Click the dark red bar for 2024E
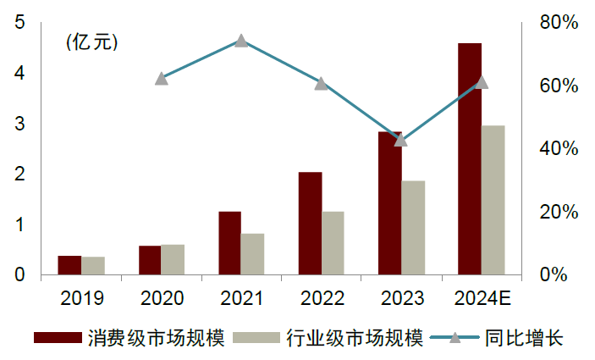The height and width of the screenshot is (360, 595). (x=470, y=158)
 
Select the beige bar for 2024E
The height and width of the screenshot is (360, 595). (x=493, y=200)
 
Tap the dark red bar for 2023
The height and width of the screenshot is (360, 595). (x=390, y=203)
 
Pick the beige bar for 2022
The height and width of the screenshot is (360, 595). (x=333, y=243)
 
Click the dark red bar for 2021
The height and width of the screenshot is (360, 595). (x=229, y=243)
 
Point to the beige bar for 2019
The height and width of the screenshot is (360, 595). (x=93, y=265)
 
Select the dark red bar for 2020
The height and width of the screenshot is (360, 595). (x=150, y=260)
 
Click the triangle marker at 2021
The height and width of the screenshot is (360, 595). (x=241, y=41)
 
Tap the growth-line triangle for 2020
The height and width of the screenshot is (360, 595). (x=162, y=79)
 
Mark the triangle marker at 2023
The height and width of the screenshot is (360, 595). (x=401, y=140)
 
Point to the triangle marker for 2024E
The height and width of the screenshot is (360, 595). (x=482, y=82)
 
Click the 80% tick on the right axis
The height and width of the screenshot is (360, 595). (x=559, y=23)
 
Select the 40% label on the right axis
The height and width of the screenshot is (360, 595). (x=559, y=149)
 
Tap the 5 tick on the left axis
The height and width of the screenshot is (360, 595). (x=19, y=23)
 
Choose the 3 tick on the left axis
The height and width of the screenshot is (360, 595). (x=19, y=124)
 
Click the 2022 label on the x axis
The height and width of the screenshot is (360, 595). (x=322, y=298)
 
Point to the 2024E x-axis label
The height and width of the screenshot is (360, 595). (x=481, y=298)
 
